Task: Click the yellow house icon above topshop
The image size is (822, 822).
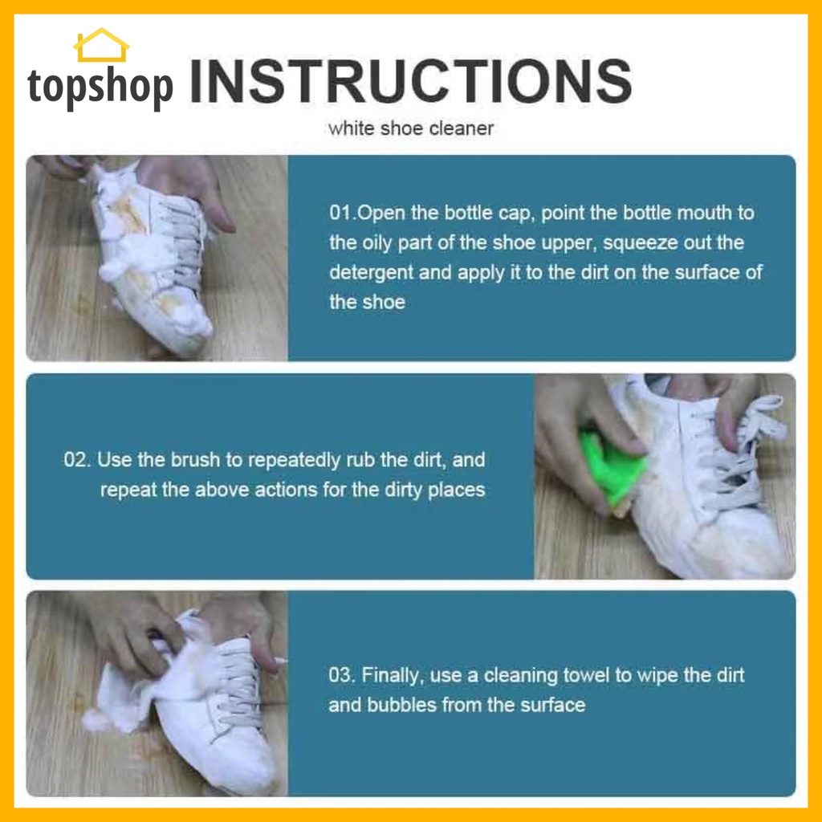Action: (x=101, y=45)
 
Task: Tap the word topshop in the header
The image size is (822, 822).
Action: (x=100, y=86)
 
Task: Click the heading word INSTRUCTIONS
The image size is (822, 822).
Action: (x=410, y=81)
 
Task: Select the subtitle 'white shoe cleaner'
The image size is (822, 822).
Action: (x=411, y=128)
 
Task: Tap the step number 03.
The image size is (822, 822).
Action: (x=342, y=675)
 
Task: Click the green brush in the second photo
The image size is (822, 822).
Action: (x=611, y=464)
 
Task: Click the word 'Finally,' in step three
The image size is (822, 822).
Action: (x=393, y=676)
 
